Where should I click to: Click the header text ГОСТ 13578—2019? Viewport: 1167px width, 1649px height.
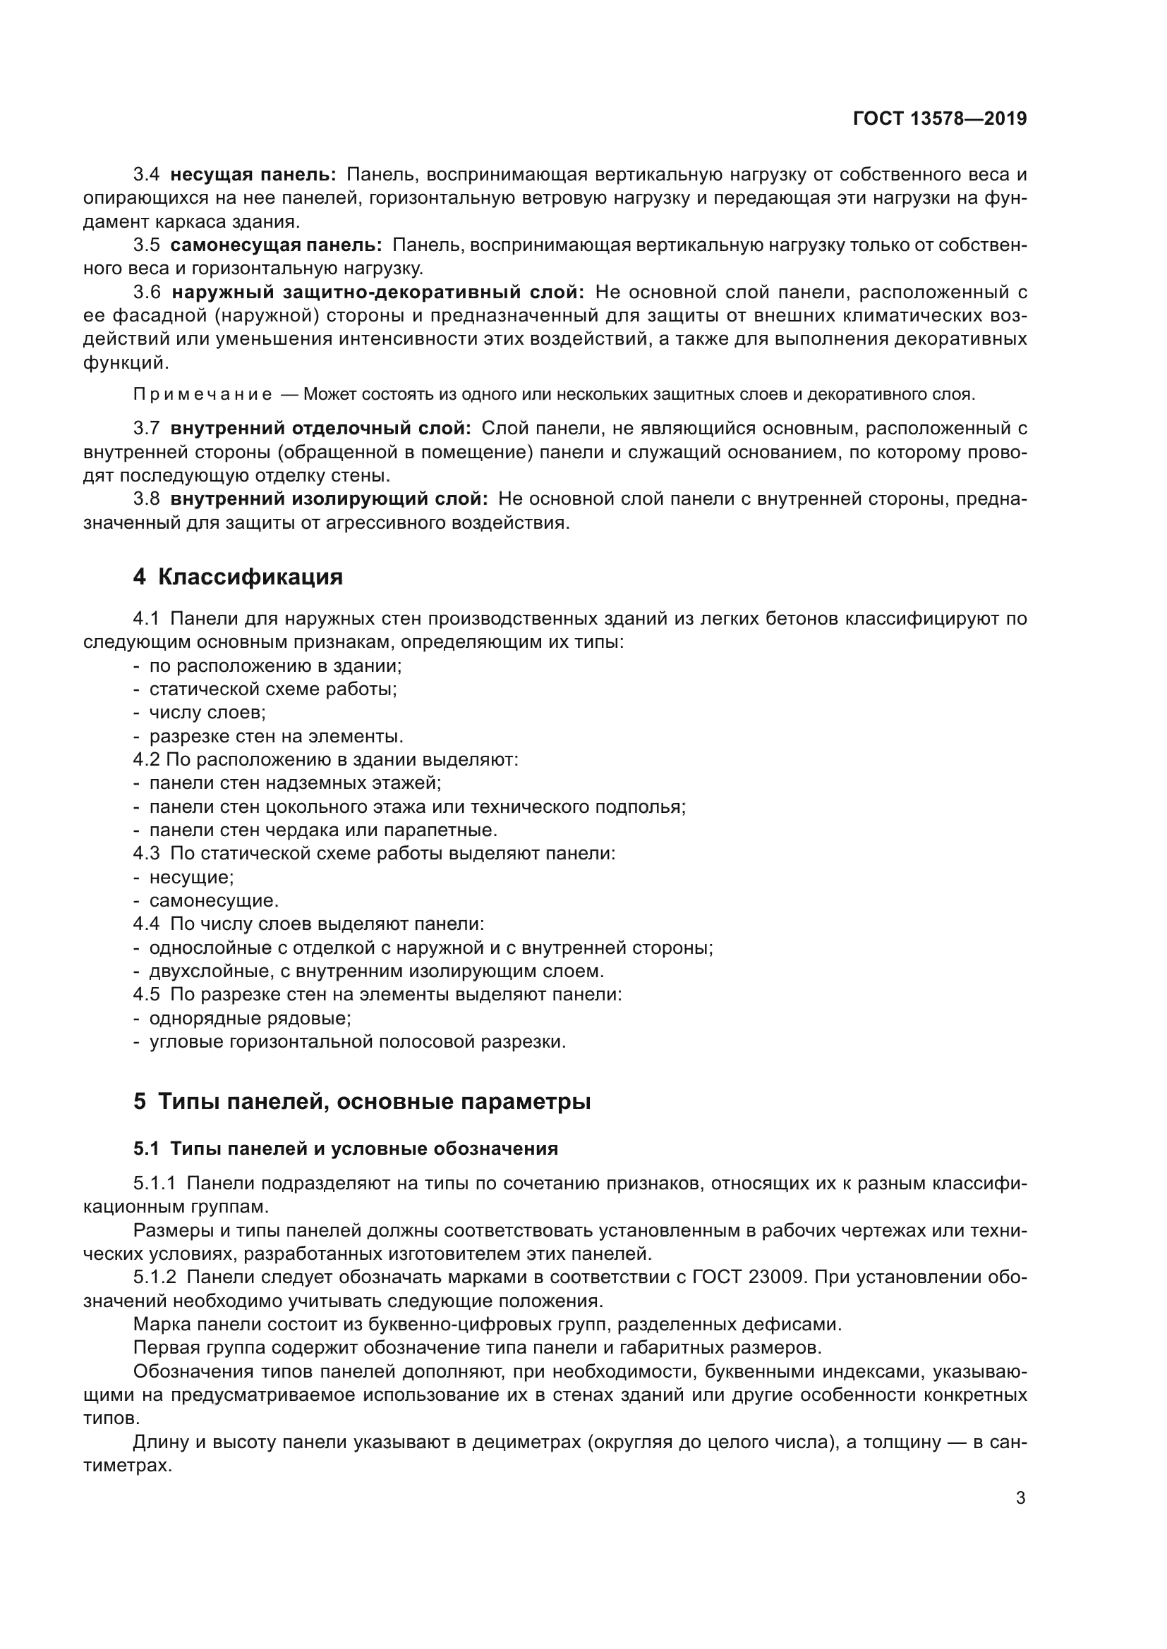pyautogui.click(x=939, y=119)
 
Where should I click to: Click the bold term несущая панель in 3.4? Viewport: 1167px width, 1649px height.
pyautogui.click(x=253, y=175)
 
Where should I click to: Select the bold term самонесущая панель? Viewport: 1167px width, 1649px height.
pyautogui.click(x=276, y=245)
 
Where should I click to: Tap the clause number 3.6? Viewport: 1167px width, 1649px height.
pyautogui.click(x=147, y=293)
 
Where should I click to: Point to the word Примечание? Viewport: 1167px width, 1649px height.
pyautogui.click(x=202, y=394)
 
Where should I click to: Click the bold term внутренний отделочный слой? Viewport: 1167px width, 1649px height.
pyautogui.click(x=320, y=429)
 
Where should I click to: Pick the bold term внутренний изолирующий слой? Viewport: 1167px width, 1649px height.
pyautogui.click(x=329, y=498)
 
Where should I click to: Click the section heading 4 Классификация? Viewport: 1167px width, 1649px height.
pyautogui.click(x=238, y=577)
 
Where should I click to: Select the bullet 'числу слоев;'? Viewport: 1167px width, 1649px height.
pyautogui.click(x=207, y=713)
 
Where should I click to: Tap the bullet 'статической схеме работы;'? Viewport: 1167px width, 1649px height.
pyautogui.click(x=273, y=689)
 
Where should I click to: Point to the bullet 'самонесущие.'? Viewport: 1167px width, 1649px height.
pyautogui.click(x=213, y=900)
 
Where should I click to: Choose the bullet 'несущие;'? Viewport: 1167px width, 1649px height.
pyautogui.click(x=191, y=877)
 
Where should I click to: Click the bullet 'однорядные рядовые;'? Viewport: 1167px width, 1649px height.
pyautogui.click(x=250, y=1019)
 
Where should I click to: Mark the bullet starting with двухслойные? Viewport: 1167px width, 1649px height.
pyautogui.click(x=376, y=971)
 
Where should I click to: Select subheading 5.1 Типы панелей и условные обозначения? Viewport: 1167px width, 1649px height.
pyautogui.click(x=345, y=1148)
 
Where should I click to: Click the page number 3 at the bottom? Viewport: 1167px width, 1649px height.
pyautogui.click(x=1020, y=1498)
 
